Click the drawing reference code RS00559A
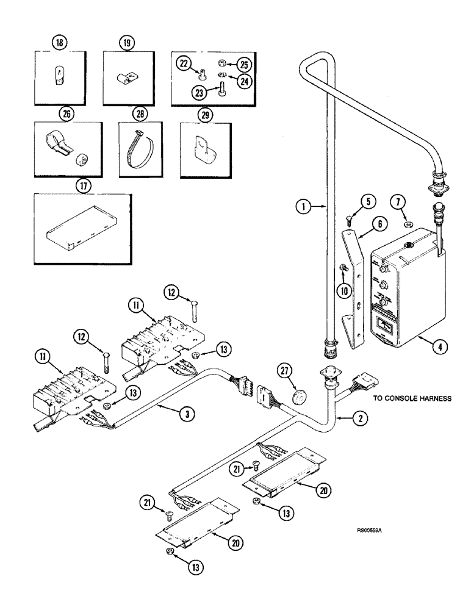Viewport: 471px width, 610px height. pyautogui.click(x=369, y=531)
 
